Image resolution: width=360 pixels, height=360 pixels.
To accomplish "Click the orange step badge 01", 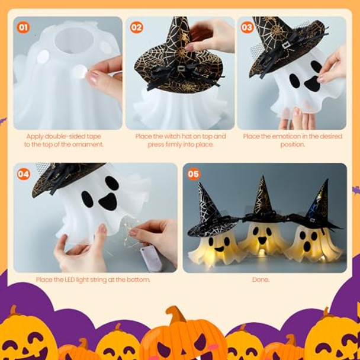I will pyautogui.click(x=23, y=27).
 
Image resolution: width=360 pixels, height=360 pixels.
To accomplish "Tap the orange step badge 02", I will pyautogui.click(x=136, y=27).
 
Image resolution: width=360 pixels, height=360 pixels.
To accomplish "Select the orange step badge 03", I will pyautogui.click(x=247, y=27).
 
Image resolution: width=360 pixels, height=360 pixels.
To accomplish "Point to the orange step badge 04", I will pyautogui.click(x=24, y=174).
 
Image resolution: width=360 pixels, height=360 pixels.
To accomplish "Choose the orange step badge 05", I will pyautogui.click(x=193, y=174).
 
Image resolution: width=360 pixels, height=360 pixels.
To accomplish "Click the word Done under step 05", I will pyautogui.click(x=261, y=279).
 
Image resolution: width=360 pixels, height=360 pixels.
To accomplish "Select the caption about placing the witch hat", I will pyautogui.click(x=181, y=140).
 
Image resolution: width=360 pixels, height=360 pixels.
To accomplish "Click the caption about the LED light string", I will pyautogui.click(x=93, y=279).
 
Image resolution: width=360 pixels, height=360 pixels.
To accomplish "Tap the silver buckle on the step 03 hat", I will pyautogui.click(x=287, y=44).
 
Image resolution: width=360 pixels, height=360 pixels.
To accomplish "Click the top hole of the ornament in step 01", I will pyautogui.click(x=74, y=39).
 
